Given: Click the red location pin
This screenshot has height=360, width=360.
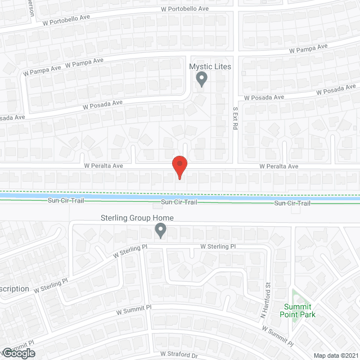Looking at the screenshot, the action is pos(179,167).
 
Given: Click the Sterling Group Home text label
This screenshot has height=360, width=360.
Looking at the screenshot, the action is pos(137,218).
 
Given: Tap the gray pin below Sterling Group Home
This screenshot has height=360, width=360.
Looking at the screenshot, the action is pos(160,230).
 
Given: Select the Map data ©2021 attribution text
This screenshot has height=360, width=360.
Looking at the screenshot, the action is pos(335,355).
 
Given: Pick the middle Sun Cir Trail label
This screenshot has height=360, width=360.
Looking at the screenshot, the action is pos(178,202).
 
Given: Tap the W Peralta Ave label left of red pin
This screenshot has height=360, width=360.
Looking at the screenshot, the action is pos(103,166).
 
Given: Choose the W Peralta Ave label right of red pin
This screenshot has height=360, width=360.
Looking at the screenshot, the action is pos(278,166).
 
